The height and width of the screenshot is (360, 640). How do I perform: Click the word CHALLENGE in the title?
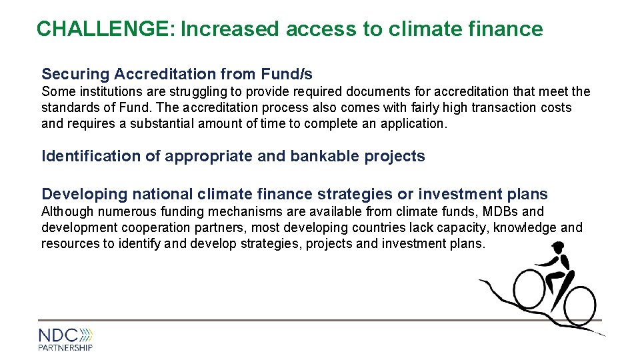coord(104,29)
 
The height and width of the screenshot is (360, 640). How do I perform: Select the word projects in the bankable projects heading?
coord(395,157)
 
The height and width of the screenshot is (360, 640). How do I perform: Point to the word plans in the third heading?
coord(527,195)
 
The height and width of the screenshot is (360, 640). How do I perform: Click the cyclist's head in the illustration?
coord(557,252)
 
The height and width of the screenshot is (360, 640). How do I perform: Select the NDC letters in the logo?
coord(58,335)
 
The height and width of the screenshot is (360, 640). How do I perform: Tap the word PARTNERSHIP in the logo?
coord(65,347)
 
